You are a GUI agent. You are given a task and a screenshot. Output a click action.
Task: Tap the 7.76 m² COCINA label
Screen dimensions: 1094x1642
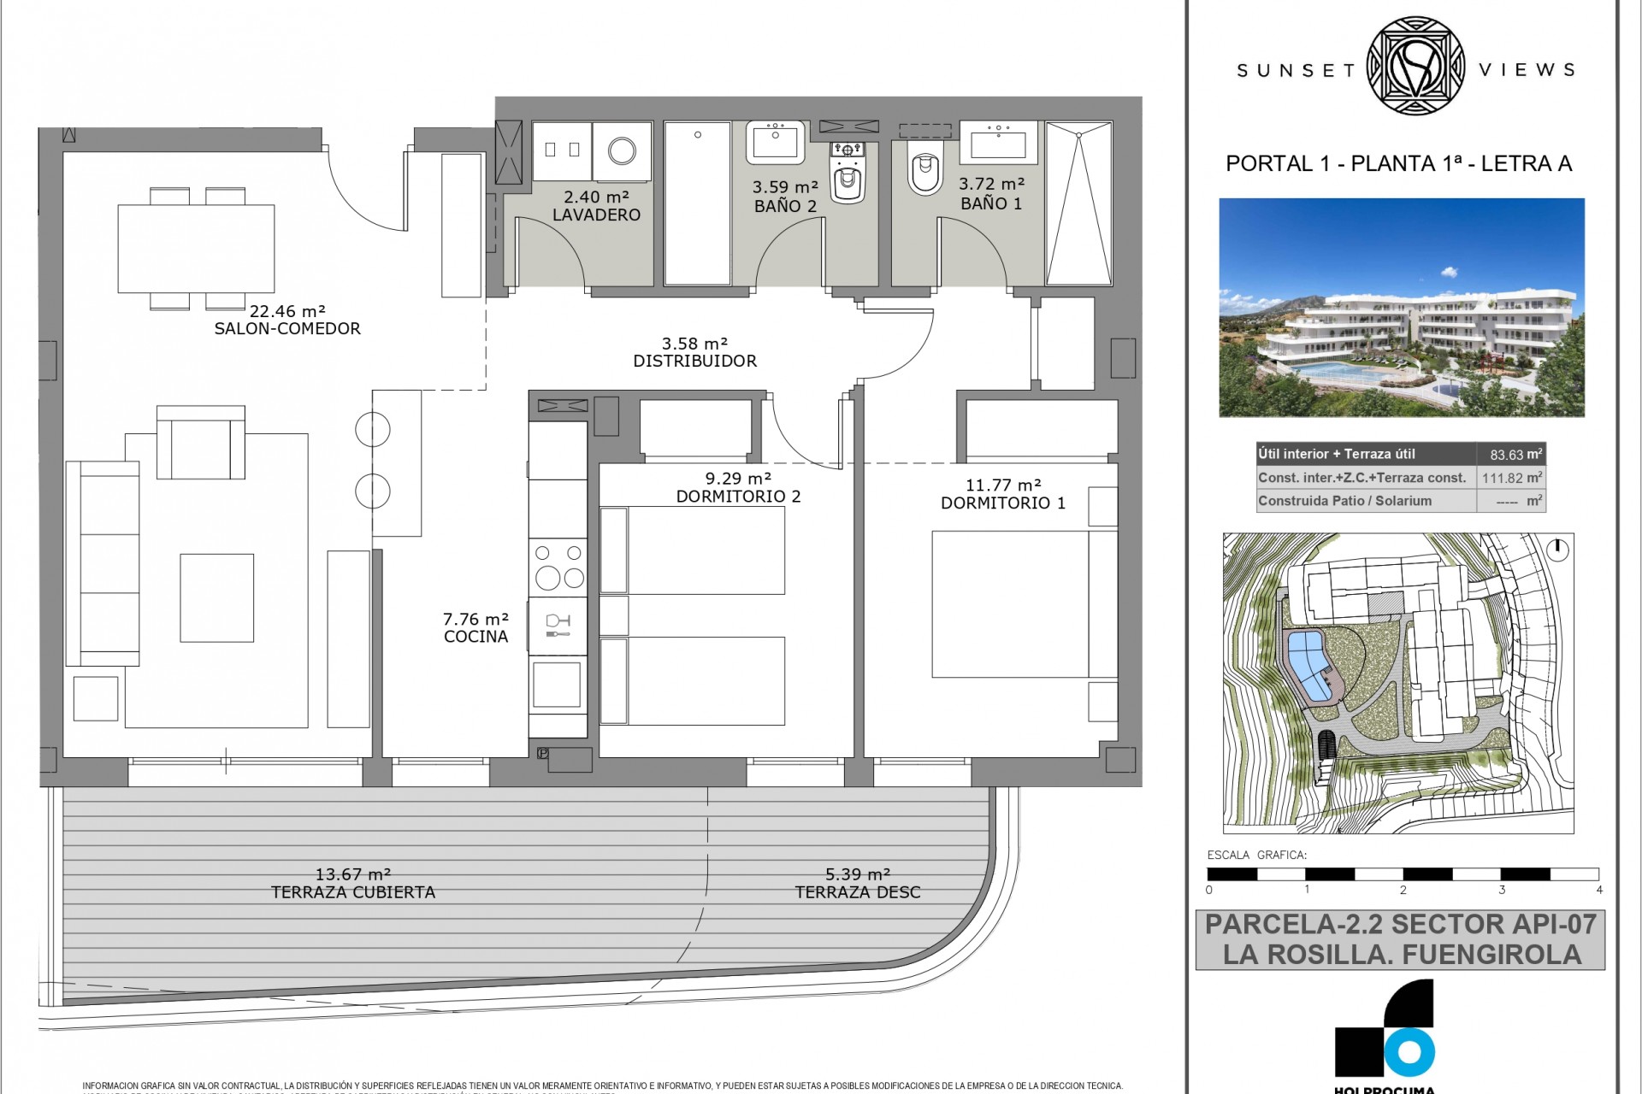[475, 628]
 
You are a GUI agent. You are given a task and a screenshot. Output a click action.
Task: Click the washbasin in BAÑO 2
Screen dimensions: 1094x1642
[776, 141]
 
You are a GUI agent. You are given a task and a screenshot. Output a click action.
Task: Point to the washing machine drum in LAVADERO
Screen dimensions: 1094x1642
[622, 151]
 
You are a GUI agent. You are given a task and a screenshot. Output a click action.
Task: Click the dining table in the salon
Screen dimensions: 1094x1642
[196, 249]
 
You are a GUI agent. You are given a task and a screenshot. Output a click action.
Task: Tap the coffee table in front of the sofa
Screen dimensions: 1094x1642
[216, 597]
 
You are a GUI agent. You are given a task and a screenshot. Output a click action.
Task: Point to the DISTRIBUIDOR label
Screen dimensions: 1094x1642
[694, 361]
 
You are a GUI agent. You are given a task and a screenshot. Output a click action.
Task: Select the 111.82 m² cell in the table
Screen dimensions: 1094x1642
[1511, 478]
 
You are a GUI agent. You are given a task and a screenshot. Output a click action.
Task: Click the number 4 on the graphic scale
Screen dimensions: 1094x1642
[1598, 890]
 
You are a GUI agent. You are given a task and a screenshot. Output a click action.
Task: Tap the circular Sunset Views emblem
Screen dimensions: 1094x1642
[1415, 67]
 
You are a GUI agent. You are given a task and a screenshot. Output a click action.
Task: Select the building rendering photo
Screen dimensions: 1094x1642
[1401, 308]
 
